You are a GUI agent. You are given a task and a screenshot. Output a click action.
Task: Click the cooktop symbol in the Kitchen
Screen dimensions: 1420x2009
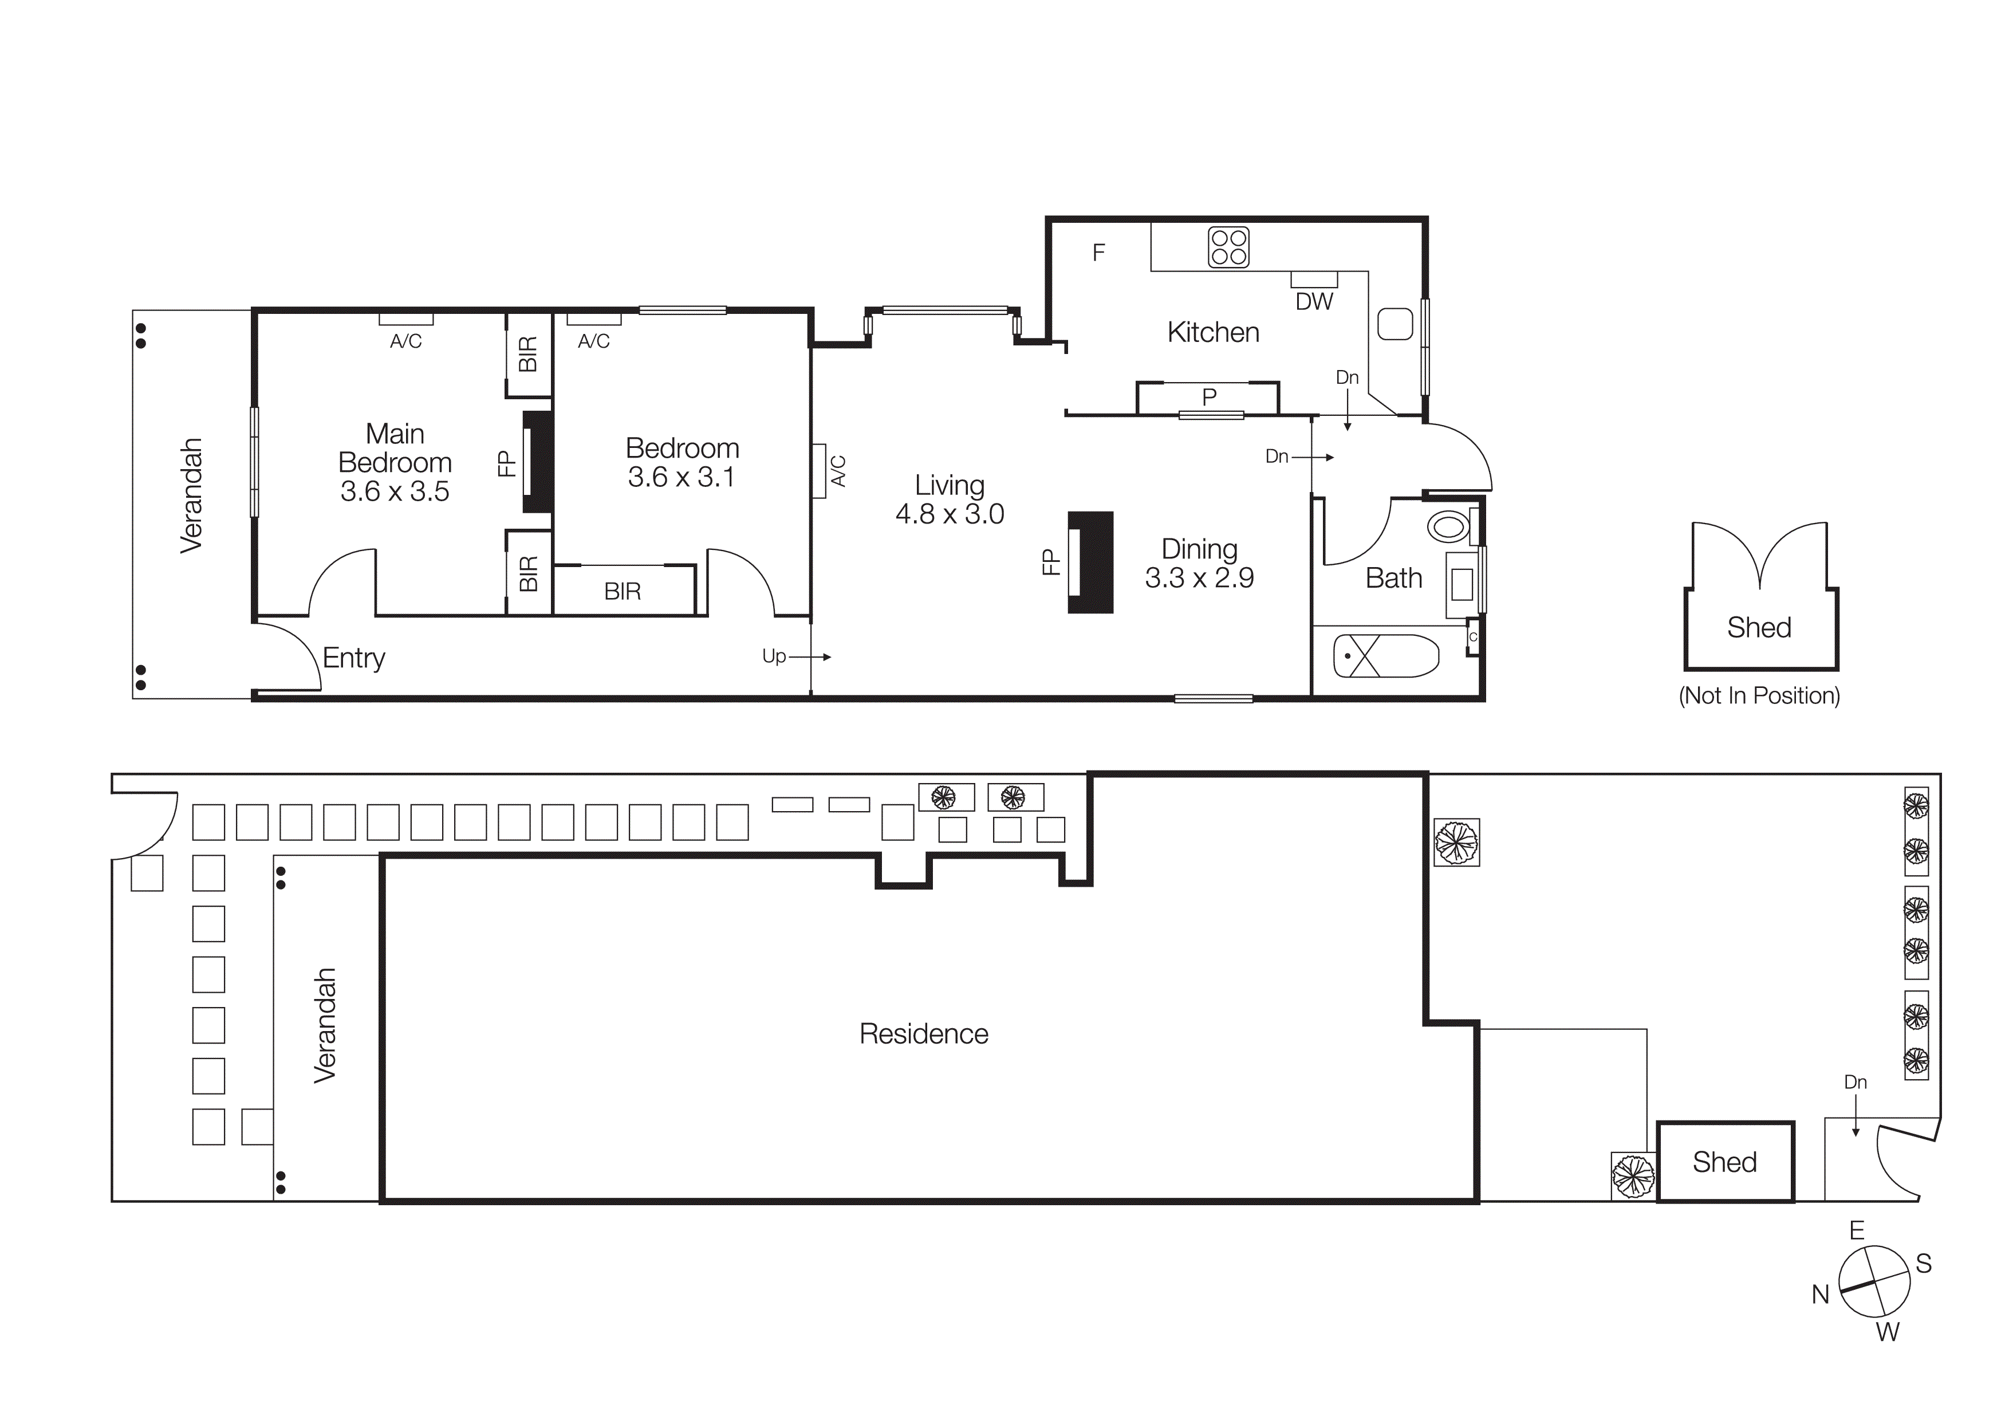coord(1228,247)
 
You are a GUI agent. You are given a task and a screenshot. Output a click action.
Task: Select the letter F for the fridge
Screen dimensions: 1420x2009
coord(1099,253)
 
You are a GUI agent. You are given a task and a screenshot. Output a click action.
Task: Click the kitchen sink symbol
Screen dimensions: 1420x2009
coord(1395,324)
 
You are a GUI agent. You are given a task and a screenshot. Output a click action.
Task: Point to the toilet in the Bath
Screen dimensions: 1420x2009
coord(1448,527)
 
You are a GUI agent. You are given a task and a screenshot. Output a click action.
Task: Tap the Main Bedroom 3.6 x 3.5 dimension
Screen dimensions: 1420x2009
coord(395,491)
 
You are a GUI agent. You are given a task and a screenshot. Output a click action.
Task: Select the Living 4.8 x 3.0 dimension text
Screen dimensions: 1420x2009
coord(950,514)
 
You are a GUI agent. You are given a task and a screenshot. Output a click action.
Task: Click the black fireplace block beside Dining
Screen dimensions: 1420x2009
coord(1091,562)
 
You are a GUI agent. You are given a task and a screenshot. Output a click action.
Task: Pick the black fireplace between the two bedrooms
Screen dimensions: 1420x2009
coord(537,461)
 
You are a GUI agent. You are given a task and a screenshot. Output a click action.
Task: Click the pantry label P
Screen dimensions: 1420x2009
coord(1210,397)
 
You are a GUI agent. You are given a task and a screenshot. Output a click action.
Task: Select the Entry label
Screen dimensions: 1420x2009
coord(353,658)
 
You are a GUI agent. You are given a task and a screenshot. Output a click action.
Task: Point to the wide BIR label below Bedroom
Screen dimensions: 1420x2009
coord(622,592)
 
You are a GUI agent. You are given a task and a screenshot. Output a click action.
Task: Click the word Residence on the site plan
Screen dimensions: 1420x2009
coord(923,1034)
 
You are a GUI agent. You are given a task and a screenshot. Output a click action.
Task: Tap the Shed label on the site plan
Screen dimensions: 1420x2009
coord(1724,1162)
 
